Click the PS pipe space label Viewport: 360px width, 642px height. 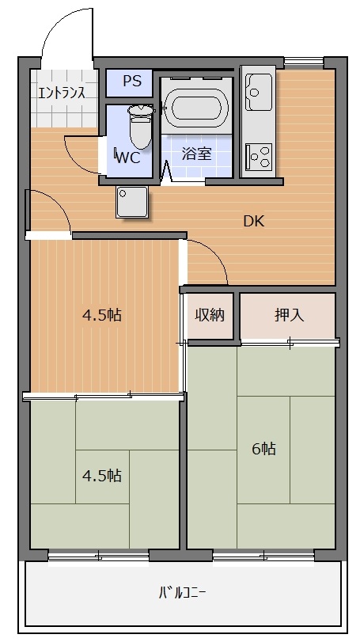coord(131,82)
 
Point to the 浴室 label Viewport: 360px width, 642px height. coord(197,154)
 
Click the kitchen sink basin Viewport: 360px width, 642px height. coord(256,93)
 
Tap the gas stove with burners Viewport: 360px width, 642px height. coord(258,155)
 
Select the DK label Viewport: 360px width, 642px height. coord(253,221)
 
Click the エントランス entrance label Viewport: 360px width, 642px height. coord(62,92)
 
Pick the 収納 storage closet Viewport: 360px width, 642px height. coord(210,315)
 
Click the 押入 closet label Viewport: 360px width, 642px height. coord(288,315)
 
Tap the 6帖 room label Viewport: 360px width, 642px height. coord(263,449)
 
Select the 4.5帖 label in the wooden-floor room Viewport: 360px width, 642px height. coord(102,315)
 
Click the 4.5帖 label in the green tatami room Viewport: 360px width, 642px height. coord(102,476)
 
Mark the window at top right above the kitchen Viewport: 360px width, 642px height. coord(304,60)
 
